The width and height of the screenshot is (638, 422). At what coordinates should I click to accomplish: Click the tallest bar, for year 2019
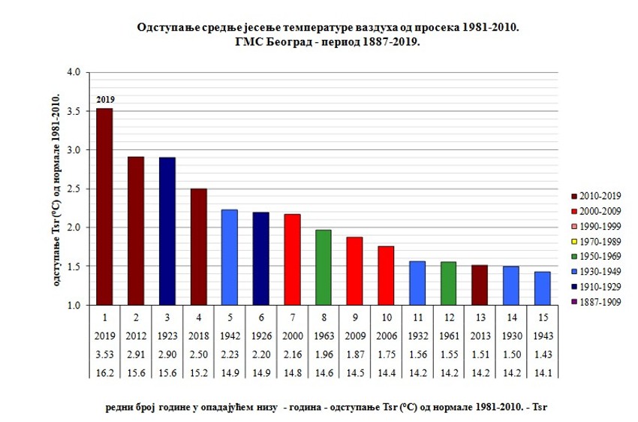pos(105,206)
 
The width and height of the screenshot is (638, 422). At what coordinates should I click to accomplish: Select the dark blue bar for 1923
pos(167,231)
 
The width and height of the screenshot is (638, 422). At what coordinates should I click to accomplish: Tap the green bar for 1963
pos(324,267)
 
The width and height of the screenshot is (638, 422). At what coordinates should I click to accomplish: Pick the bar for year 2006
pos(386,276)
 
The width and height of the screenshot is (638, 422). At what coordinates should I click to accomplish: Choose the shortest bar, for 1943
pos(542,288)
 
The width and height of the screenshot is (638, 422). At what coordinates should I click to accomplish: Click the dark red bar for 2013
pos(480,285)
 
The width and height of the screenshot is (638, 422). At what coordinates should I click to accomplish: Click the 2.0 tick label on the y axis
pos(72,228)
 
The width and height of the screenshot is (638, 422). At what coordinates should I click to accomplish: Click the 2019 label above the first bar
pos(105,99)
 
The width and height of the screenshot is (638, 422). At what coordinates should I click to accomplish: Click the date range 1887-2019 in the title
pos(385,42)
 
